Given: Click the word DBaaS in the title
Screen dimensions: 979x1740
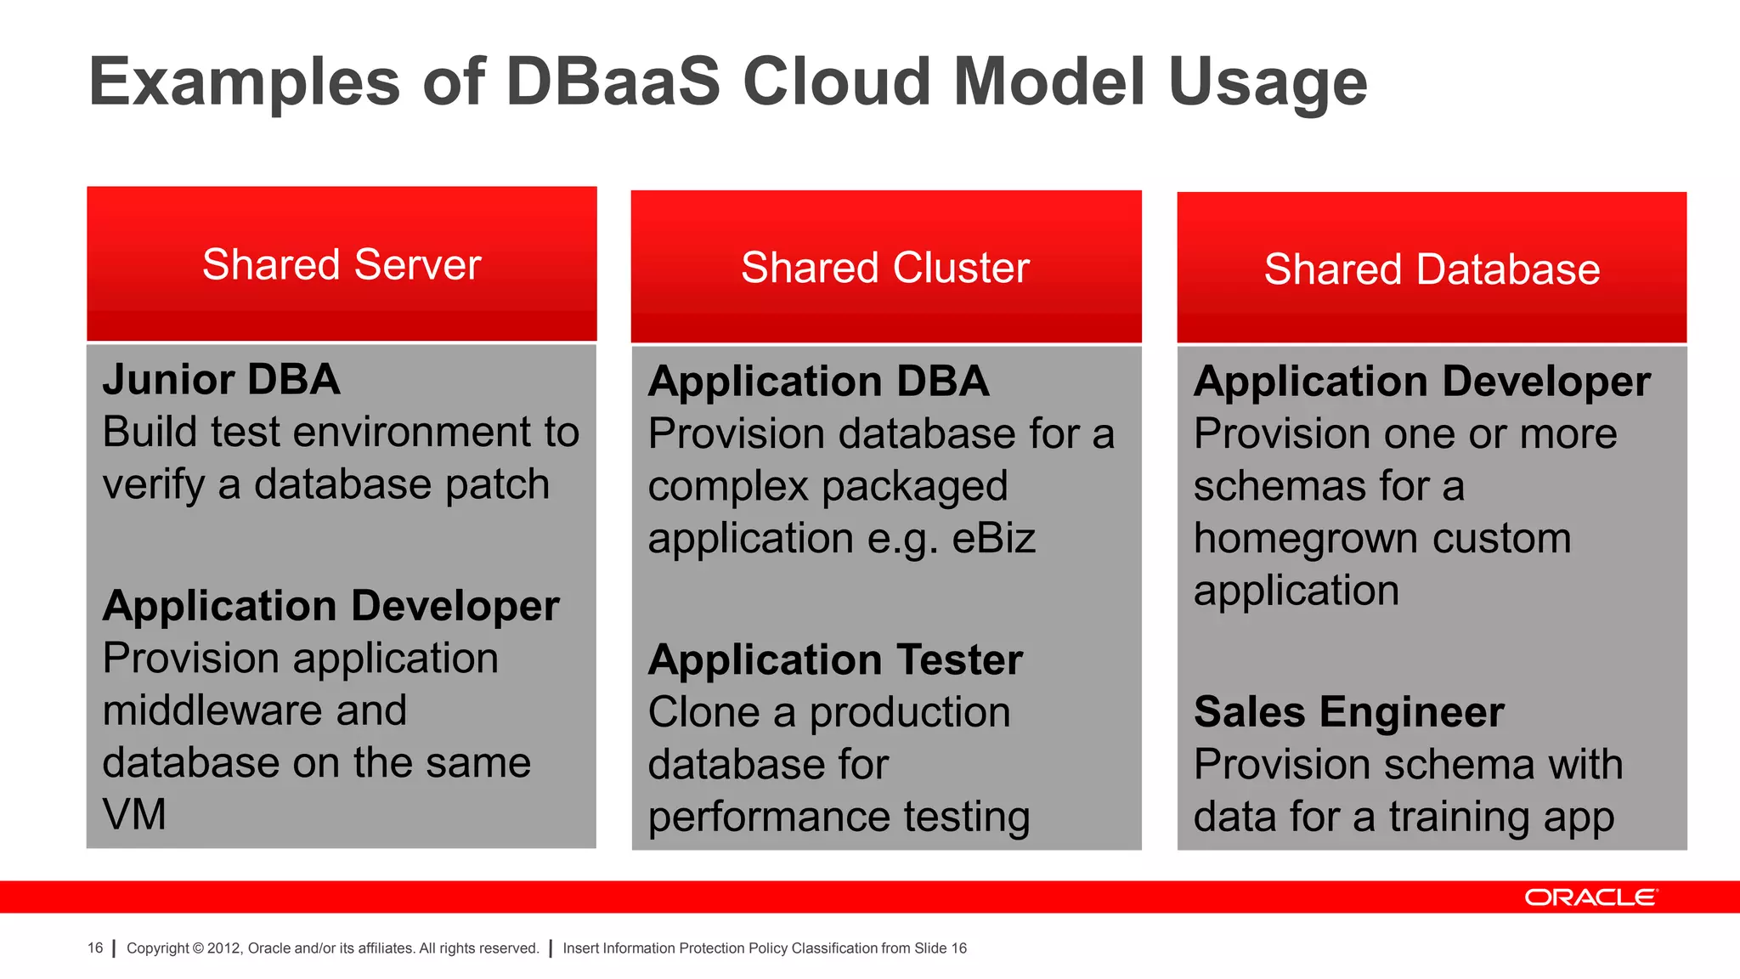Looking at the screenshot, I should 613,82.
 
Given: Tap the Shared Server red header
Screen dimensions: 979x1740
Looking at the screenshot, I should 342,264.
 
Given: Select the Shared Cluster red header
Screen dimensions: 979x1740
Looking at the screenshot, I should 885,268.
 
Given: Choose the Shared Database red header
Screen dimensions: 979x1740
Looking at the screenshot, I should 1432,269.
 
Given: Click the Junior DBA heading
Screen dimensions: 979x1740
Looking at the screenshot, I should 221,379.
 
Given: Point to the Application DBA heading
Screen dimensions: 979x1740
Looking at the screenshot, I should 818,381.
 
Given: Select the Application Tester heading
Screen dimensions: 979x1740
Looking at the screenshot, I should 835,659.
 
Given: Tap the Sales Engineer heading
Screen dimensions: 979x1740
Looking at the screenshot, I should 1348,711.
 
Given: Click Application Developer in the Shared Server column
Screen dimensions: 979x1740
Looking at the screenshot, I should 330,606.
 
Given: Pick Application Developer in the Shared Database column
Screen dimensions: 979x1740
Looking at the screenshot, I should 1421,381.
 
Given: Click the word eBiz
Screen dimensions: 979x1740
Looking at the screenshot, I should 993,539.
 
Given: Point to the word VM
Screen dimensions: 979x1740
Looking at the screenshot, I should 134,814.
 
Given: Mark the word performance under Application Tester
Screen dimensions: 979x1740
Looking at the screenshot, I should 769,817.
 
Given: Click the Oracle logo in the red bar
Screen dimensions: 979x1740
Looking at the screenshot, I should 1590,897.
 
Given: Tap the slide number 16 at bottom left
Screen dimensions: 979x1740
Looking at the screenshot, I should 95,948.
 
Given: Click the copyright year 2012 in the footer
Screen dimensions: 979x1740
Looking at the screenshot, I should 223,948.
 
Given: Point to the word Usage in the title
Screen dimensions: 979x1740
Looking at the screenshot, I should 1268,82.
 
